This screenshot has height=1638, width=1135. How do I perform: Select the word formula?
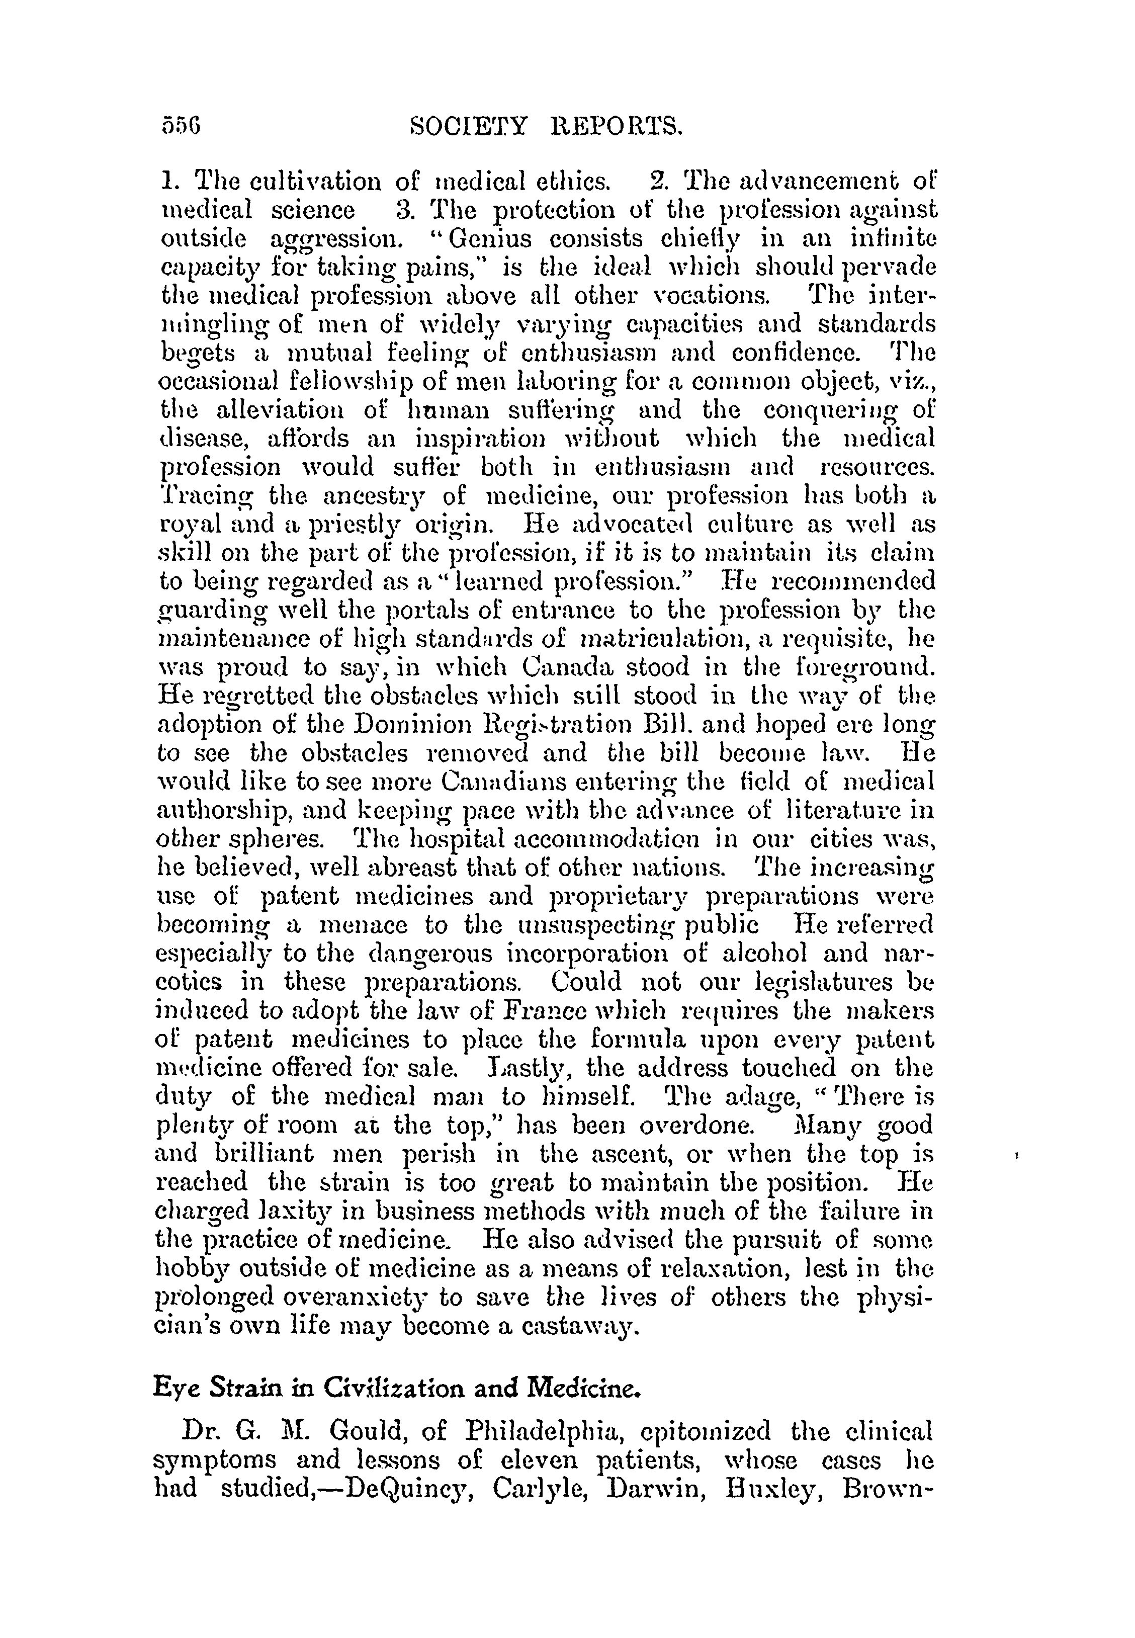pyautogui.click(x=639, y=1040)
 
